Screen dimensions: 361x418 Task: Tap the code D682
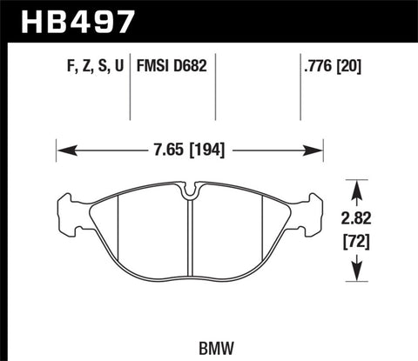coord(191,65)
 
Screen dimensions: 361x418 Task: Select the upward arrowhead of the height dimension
coord(354,184)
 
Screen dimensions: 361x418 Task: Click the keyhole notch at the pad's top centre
coord(189,186)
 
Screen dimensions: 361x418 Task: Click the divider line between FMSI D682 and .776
coord(214,87)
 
